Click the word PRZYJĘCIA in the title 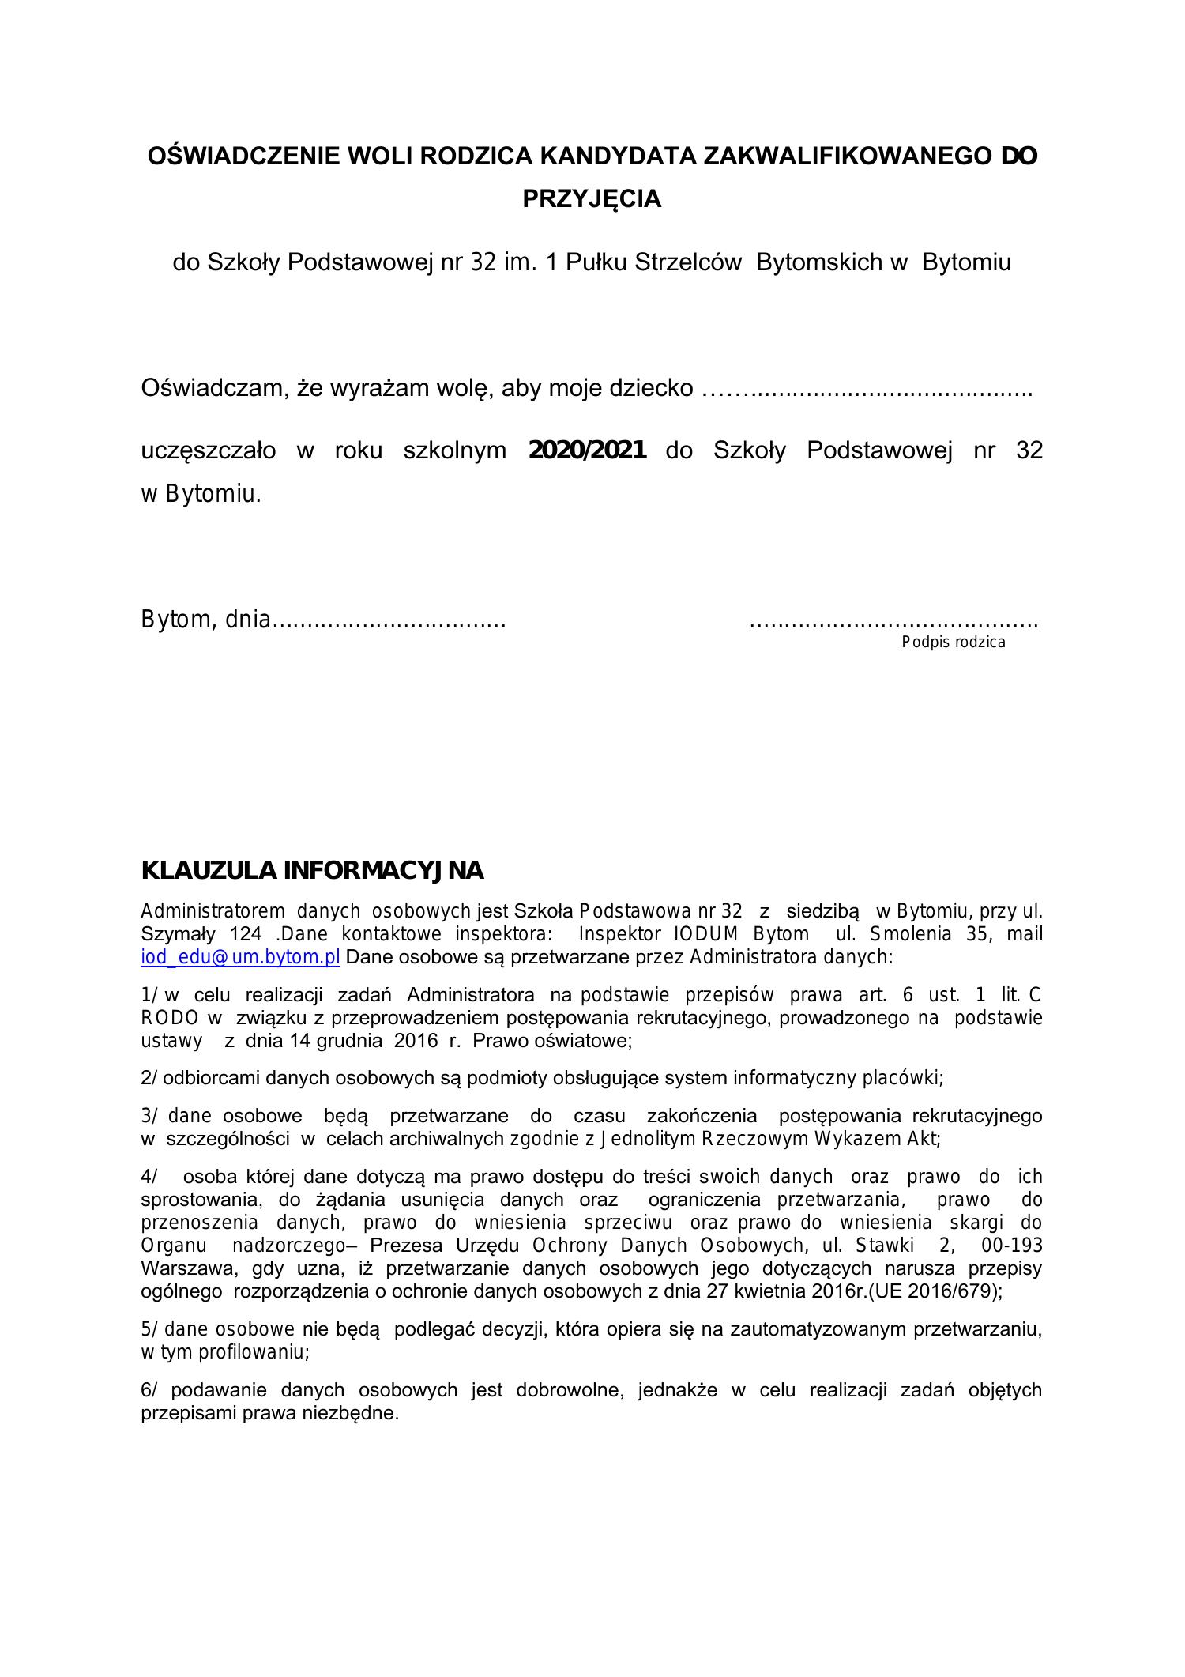592,198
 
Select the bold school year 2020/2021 587,450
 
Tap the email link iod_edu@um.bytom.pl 240,957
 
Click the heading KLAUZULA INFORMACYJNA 312,871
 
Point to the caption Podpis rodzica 954,642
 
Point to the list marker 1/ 150,995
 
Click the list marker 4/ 149,1177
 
